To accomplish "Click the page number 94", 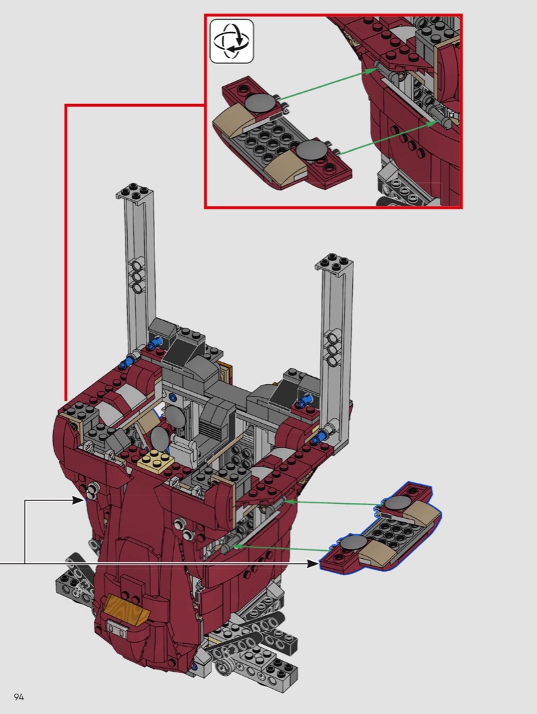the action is click(18, 697).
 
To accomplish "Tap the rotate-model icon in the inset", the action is click(232, 41).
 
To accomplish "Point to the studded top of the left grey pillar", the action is click(135, 191).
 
